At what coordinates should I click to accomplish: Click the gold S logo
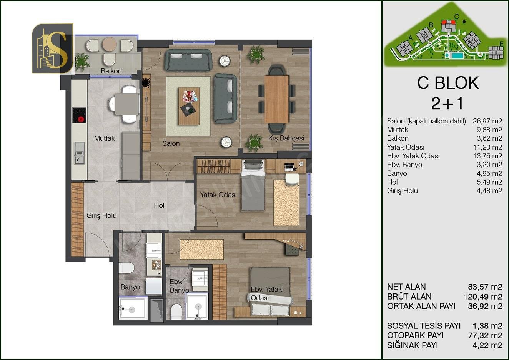53,48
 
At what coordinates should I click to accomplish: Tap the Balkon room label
111,71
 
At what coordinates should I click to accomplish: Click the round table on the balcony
110,44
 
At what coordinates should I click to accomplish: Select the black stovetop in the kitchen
79,115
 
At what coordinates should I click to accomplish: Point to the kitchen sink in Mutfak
79,153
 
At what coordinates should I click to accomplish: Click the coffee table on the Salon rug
189,106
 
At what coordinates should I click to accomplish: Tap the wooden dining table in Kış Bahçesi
276,99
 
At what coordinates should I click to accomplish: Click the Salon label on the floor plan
171,143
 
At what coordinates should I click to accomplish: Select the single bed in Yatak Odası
253,185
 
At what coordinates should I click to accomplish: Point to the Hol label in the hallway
159,205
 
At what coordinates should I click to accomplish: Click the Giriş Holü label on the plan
101,215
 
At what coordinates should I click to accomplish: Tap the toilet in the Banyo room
126,268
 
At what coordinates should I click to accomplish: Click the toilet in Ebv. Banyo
176,312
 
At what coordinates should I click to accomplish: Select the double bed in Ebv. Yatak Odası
270,292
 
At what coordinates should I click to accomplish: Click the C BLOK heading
448,83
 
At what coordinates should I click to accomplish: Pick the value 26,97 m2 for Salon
487,121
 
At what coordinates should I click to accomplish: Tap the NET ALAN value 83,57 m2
485,287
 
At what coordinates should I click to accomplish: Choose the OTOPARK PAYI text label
415,335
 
